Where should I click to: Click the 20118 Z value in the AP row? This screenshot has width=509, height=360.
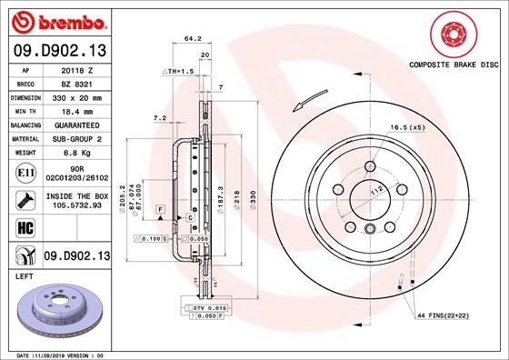pos(75,69)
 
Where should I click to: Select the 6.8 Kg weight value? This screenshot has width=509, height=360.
pos(75,154)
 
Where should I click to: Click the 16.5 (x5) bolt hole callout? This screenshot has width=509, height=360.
pos(408,128)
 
